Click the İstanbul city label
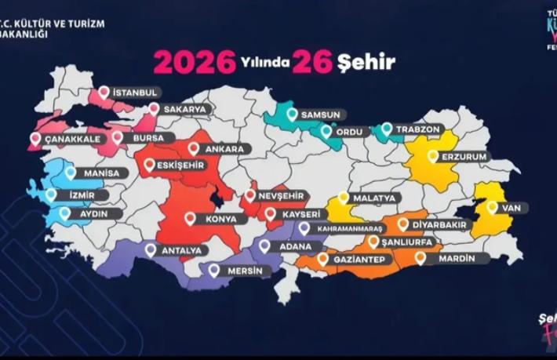pyautogui.click(x=137, y=93)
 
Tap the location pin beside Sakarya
pyautogui.click(x=154, y=109)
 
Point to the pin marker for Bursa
pyautogui.click(x=117, y=137)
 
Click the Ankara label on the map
pyautogui.click(x=226, y=148)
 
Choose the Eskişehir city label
pyautogui.click(x=180, y=165)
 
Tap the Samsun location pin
pyautogui.click(x=292, y=115)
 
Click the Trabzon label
pyautogui.click(x=420, y=129)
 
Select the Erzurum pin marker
pyautogui.click(x=432, y=156)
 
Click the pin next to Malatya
pyautogui.click(x=343, y=198)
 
